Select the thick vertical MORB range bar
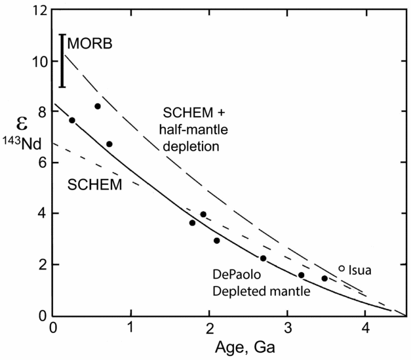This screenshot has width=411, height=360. (62, 60)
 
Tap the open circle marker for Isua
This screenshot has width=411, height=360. (342, 268)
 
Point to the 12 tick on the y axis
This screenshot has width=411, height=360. (40, 11)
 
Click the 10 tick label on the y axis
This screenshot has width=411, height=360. (40, 62)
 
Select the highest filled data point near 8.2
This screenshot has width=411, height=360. (98, 106)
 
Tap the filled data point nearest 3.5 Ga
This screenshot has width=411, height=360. (324, 279)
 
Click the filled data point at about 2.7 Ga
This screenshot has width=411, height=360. (263, 258)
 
